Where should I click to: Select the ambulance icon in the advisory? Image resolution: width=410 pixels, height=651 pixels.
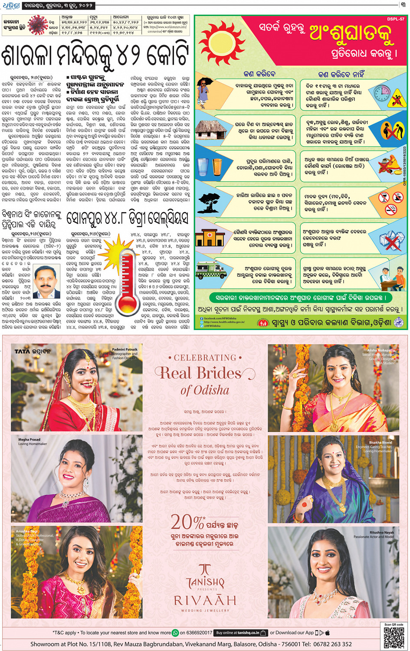(211, 269)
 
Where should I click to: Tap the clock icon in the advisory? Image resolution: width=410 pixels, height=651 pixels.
(382, 93)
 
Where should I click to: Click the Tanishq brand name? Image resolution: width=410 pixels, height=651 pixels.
(205, 582)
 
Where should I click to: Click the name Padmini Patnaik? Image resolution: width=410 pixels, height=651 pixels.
(125, 349)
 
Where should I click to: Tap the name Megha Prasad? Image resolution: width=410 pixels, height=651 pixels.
(29, 439)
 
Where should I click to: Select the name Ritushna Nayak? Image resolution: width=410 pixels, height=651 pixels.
(382, 532)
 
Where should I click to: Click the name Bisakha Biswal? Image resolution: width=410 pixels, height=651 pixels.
(380, 442)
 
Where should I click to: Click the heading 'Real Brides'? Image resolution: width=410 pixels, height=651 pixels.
(201, 373)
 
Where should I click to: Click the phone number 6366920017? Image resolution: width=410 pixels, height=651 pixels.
(200, 633)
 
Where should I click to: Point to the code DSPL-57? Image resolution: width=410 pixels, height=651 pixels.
(395, 19)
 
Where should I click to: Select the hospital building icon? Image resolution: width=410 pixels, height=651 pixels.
(209, 236)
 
